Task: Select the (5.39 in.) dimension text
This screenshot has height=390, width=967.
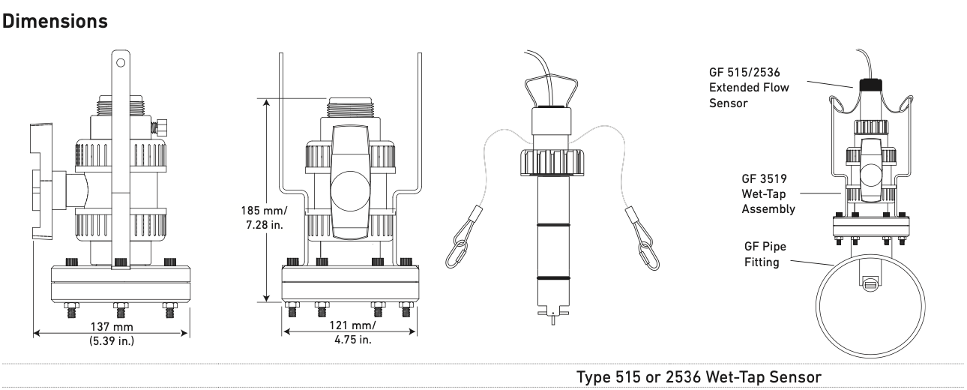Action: [x=110, y=346]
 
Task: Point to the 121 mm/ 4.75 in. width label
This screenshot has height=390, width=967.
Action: [x=347, y=333]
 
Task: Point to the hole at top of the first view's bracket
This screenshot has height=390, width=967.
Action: [x=118, y=60]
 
